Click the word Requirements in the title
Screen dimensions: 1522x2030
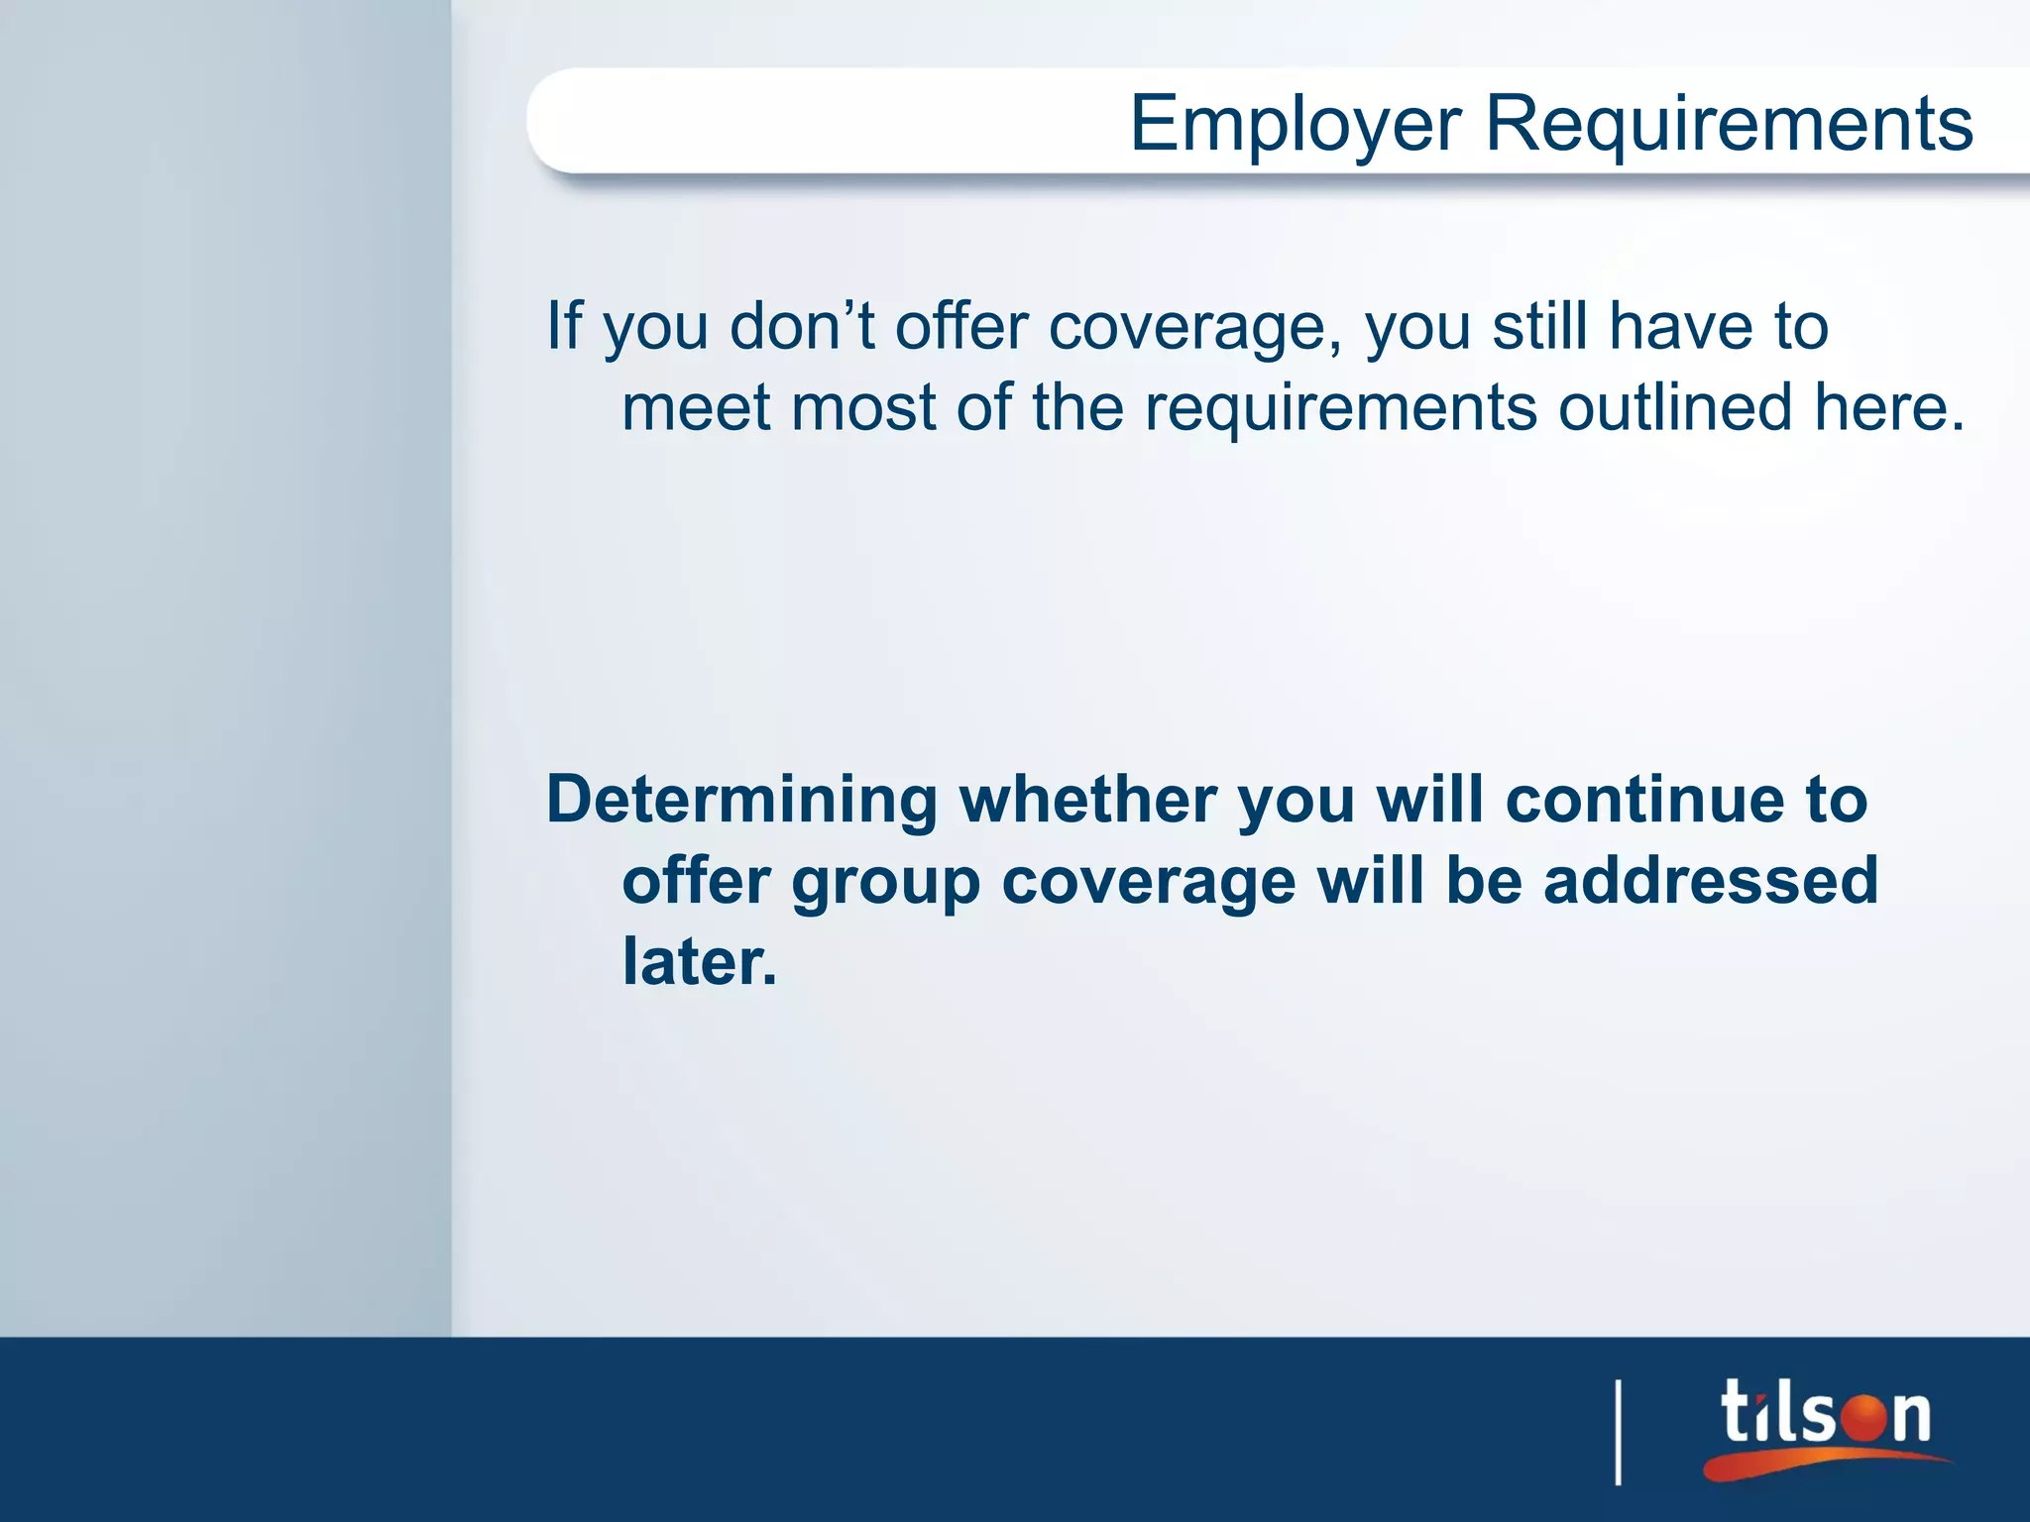click(x=1729, y=124)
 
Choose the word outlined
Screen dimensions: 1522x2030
click(x=1675, y=407)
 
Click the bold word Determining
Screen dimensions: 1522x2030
click(x=742, y=801)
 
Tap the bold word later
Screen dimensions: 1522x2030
click(x=698, y=961)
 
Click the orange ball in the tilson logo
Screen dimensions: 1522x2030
click(x=1865, y=1414)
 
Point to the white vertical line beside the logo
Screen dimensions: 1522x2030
click(x=1619, y=1432)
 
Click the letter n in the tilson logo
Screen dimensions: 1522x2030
click(x=1910, y=1416)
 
